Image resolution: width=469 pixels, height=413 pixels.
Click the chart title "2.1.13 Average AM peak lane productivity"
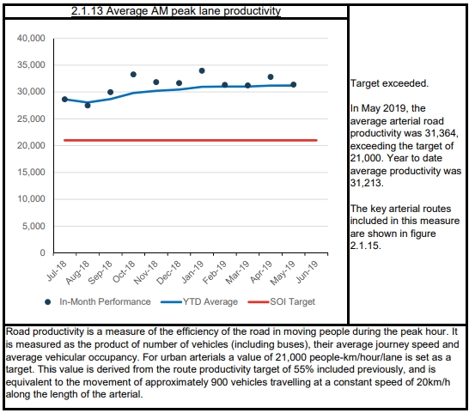[x=176, y=11]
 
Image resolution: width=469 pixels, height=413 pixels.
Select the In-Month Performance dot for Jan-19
[x=202, y=71]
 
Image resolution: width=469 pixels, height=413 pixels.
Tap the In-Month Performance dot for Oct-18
[x=133, y=75]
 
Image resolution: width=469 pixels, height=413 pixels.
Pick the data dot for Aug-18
[x=88, y=106]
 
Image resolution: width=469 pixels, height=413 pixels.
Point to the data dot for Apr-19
[x=271, y=77]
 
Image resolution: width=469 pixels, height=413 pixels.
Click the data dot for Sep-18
[x=110, y=92]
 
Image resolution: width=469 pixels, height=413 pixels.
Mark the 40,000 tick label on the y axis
[x=31, y=39]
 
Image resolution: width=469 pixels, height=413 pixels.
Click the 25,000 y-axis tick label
[x=31, y=118]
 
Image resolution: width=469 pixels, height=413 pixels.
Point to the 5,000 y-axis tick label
[x=33, y=226]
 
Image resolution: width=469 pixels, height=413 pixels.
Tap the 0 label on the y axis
[x=42, y=253]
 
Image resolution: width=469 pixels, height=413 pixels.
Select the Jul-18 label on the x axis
[x=57, y=271]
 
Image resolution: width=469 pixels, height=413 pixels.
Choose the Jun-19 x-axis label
[x=307, y=272]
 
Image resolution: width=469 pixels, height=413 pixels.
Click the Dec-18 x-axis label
[x=169, y=272]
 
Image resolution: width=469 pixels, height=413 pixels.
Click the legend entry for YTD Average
[x=199, y=301]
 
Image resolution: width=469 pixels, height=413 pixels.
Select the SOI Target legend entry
[x=282, y=301]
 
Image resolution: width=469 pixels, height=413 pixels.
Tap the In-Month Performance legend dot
[x=47, y=302]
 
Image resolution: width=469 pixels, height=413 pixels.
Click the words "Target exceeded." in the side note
[x=389, y=83]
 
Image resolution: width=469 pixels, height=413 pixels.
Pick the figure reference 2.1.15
[x=365, y=246]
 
